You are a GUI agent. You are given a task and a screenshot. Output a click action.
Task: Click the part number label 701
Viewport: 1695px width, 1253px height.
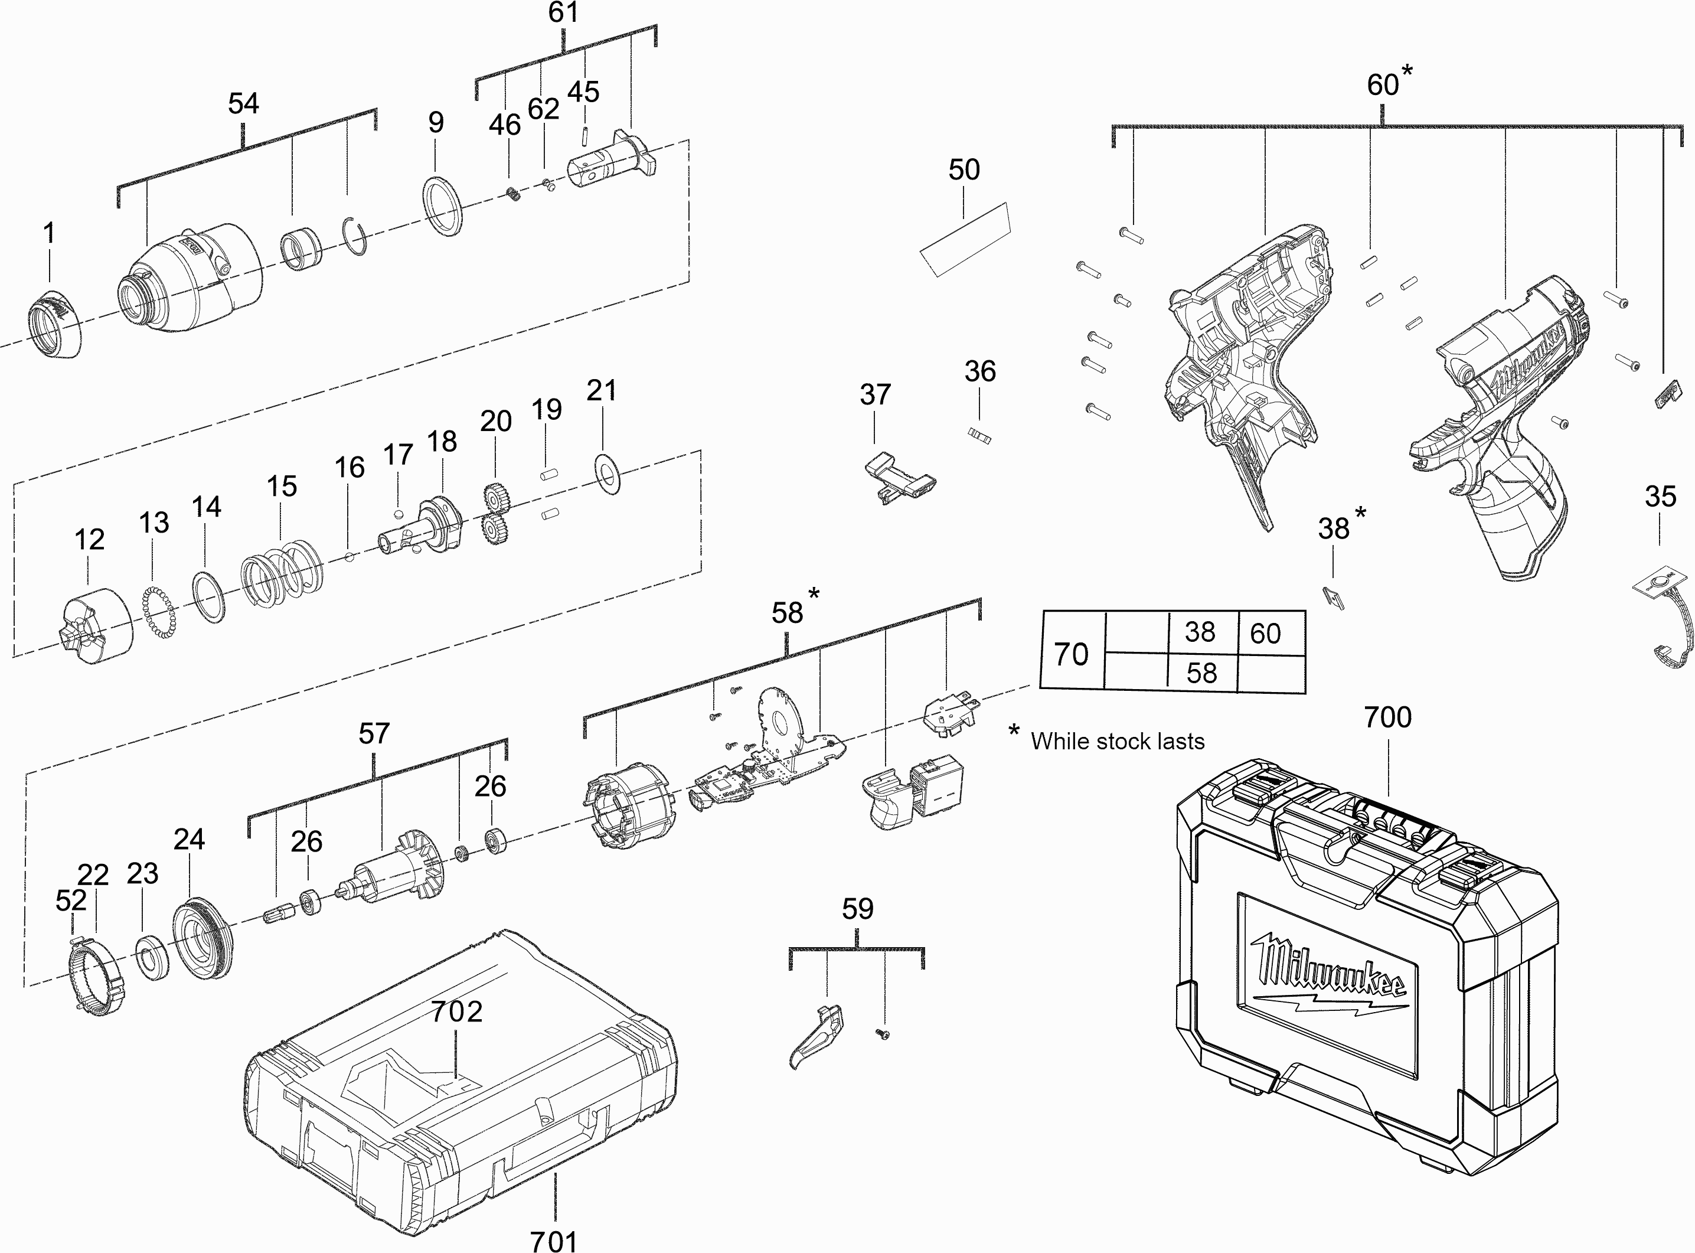(x=554, y=1241)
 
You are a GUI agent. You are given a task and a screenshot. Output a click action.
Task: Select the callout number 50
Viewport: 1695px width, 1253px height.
(x=964, y=170)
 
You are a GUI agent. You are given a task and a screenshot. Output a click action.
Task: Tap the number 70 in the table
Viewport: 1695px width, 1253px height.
(x=1071, y=654)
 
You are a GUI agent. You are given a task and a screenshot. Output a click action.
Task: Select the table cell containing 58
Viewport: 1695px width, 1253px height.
(x=1201, y=673)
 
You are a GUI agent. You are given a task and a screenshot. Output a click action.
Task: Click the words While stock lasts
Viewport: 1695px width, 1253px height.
(x=1117, y=741)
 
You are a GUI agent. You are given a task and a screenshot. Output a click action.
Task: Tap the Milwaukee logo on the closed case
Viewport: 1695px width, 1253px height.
(x=1330, y=978)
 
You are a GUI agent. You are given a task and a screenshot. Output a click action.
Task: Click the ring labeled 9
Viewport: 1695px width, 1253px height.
(x=442, y=206)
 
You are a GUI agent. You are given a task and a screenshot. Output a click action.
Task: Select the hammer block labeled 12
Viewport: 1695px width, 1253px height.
(x=95, y=626)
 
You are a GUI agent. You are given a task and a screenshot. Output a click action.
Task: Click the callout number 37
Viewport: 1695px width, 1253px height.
(x=874, y=394)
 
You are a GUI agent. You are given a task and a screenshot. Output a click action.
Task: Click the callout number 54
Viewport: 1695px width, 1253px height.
(x=243, y=104)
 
